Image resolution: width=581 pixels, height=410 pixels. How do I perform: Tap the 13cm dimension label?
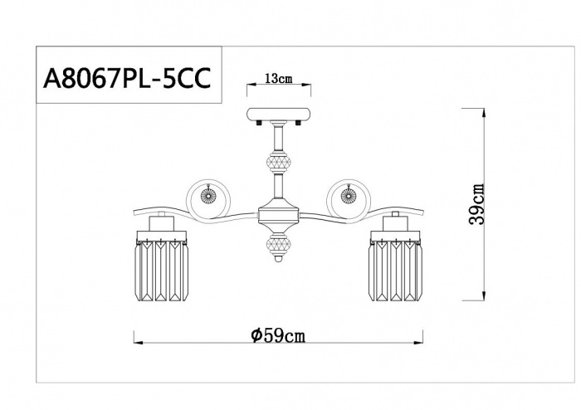[x=278, y=79]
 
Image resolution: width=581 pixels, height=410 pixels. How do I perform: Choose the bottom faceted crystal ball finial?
[x=278, y=248]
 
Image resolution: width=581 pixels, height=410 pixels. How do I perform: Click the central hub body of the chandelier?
[x=278, y=214]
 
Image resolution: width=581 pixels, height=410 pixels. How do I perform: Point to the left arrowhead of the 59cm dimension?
[x=137, y=340]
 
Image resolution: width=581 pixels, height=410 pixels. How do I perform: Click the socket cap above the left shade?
[x=162, y=223]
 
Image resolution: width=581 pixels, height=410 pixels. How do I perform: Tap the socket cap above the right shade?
[x=395, y=223]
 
